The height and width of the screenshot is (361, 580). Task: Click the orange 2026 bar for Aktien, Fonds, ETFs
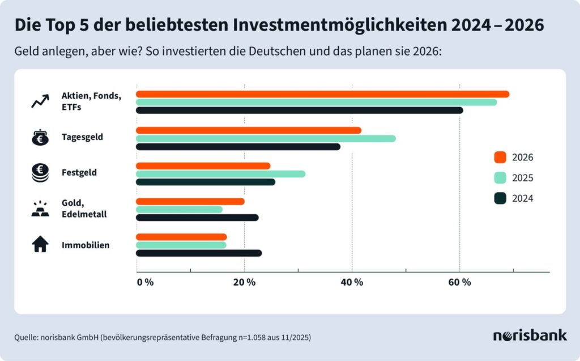(x=322, y=94)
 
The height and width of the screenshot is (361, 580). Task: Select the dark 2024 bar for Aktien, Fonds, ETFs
(x=299, y=110)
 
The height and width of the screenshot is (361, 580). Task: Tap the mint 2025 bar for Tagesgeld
(x=266, y=138)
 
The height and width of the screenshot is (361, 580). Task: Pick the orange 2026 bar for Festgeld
(x=203, y=166)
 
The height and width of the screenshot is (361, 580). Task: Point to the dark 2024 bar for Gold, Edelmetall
(x=197, y=218)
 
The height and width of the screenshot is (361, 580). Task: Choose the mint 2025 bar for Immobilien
(x=181, y=245)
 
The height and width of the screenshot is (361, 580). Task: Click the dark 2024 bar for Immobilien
(x=199, y=253)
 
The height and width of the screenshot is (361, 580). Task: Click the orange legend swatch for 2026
(x=500, y=158)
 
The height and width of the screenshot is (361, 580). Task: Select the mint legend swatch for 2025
(x=500, y=178)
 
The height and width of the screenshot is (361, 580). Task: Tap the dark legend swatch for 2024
(x=500, y=198)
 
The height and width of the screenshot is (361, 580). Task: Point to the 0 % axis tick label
(x=145, y=283)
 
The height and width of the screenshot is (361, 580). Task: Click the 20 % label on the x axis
(x=244, y=283)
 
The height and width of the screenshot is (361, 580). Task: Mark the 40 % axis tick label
(x=352, y=283)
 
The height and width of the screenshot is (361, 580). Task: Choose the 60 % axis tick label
(x=459, y=283)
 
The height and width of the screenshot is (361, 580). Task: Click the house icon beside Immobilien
(x=40, y=245)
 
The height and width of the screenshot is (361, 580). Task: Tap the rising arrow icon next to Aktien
(x=40, y=101)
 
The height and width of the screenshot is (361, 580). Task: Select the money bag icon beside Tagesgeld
(x=40, y=137)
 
